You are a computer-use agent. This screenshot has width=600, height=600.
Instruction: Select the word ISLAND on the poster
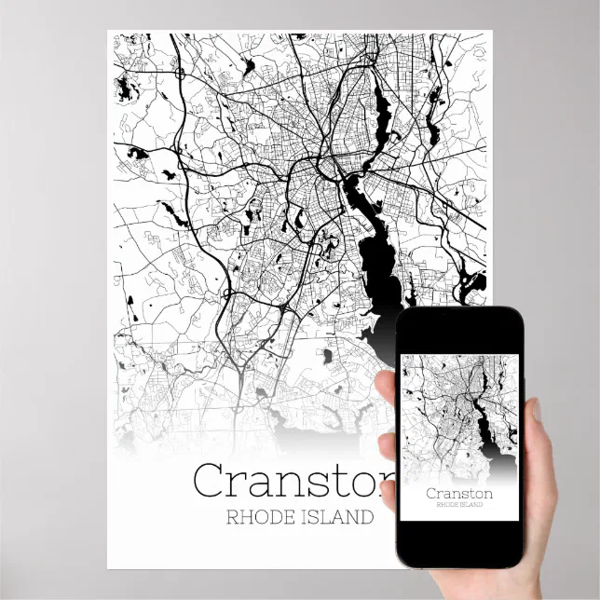point(341,516)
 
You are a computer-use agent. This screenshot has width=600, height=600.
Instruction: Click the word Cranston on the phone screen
point(459,492)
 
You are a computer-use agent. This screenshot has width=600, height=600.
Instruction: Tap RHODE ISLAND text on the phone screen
point(459,504)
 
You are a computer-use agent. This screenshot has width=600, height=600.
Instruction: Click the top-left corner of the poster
point(108,32)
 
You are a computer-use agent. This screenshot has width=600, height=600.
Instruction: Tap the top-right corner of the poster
point(492,32)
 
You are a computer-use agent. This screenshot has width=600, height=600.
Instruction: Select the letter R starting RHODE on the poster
point(231,516)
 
